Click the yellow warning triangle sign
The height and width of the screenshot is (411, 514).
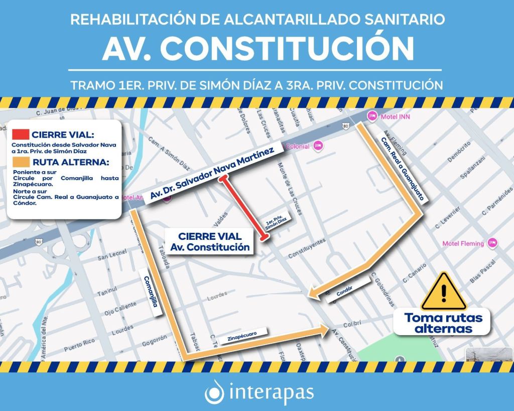(444, 292)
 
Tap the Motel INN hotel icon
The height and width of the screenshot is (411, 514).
(372, 116)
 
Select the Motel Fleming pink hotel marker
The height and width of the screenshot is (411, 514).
(493, 243)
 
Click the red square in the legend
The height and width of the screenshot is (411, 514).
(21, 134)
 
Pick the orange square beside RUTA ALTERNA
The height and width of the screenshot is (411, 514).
(21, 162)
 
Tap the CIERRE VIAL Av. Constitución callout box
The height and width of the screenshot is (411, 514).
(210, 241)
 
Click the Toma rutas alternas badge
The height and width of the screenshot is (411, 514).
(443, 323)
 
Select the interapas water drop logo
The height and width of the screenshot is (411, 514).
(215, 391)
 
